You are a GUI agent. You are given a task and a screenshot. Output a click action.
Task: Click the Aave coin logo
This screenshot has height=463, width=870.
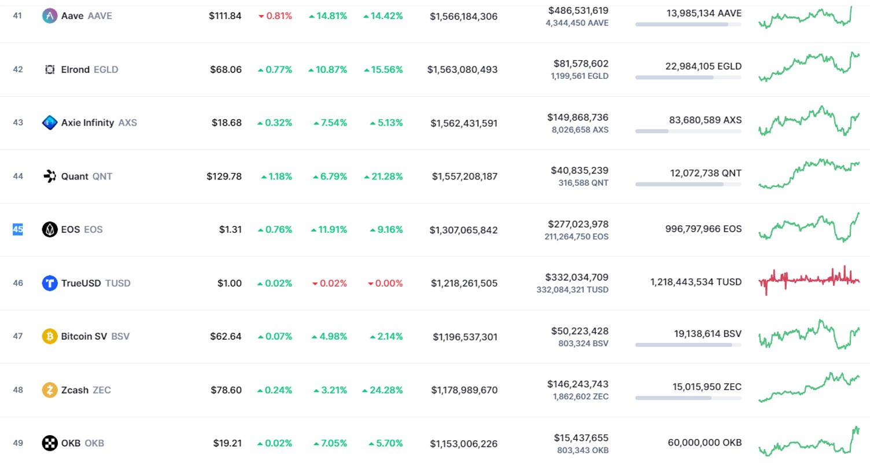click(x=49, y=16)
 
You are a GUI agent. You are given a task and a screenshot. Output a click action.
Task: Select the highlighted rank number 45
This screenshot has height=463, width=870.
click(x=18, y=229)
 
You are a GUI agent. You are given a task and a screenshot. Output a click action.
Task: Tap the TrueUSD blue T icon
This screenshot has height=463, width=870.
click(x=49, y=283)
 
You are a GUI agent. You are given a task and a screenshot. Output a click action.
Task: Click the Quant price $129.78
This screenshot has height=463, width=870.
click(x=224, y=177)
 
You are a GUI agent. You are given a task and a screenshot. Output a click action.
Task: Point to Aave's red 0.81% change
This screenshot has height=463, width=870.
click(x=275, y=16)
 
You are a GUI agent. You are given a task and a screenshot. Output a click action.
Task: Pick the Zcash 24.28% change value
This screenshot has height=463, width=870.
click(x=382, y=390)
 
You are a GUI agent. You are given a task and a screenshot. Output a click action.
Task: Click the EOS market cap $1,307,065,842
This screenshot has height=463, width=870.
click(x=463, y=230)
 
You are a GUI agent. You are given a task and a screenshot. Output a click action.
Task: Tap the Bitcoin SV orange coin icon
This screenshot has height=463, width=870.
click(x=49, y=336)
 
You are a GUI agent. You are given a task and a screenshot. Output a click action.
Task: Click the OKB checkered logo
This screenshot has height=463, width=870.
click(x=49, y=443)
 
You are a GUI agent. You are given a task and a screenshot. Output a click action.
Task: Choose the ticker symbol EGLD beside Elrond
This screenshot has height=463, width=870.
click(x=106, y=69)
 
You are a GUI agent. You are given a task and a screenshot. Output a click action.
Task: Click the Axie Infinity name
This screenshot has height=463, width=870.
click(x=88, y=123)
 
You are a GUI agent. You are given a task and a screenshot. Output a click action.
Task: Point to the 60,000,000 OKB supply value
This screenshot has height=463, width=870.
click(x=705, y=442)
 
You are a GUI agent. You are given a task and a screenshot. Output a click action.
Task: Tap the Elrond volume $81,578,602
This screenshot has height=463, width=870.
click(x=581, y=63)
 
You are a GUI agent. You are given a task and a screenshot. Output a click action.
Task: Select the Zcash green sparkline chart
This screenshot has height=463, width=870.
click(x=809, y=387)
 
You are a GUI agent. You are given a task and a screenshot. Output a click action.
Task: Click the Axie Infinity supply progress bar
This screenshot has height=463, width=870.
click(x=688, y=131)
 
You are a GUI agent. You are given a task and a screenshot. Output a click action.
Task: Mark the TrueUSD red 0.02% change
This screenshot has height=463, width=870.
click(x=329, y=284)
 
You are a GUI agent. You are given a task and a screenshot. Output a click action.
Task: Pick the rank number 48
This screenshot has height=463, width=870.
click(x=18, y=390)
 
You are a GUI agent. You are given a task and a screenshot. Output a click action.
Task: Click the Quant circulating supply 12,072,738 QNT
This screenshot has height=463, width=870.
click(x=706, y=173)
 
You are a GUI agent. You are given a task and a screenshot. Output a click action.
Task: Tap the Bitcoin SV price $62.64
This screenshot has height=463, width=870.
click(x=226, y=336)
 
